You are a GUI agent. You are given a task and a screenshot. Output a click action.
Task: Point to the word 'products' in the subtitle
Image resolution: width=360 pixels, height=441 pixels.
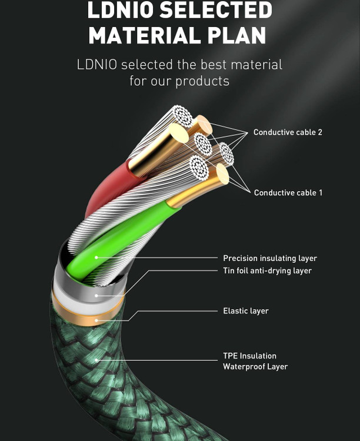point(203,81)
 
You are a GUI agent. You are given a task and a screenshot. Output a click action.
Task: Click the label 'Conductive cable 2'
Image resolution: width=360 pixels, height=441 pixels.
point(288,132)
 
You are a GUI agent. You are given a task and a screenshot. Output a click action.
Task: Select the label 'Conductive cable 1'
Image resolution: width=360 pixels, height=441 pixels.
point(288,193)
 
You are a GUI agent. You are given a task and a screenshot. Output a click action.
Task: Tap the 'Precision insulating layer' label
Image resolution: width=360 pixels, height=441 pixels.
point(270,258)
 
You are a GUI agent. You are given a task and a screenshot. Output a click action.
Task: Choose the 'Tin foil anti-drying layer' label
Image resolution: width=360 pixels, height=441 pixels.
point(267,271)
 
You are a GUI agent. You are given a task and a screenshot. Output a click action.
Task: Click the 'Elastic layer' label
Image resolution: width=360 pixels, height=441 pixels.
point(246,310)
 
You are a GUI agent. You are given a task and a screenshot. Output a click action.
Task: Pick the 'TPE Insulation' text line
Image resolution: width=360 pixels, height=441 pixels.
point(249,356)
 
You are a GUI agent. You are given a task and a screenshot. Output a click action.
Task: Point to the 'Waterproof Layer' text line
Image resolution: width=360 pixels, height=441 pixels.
point(255,367)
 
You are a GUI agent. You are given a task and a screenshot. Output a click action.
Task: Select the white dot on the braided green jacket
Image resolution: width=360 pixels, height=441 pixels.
point(96,360)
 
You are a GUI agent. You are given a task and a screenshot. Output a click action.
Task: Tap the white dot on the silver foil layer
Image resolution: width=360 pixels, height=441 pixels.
point(96,294)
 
